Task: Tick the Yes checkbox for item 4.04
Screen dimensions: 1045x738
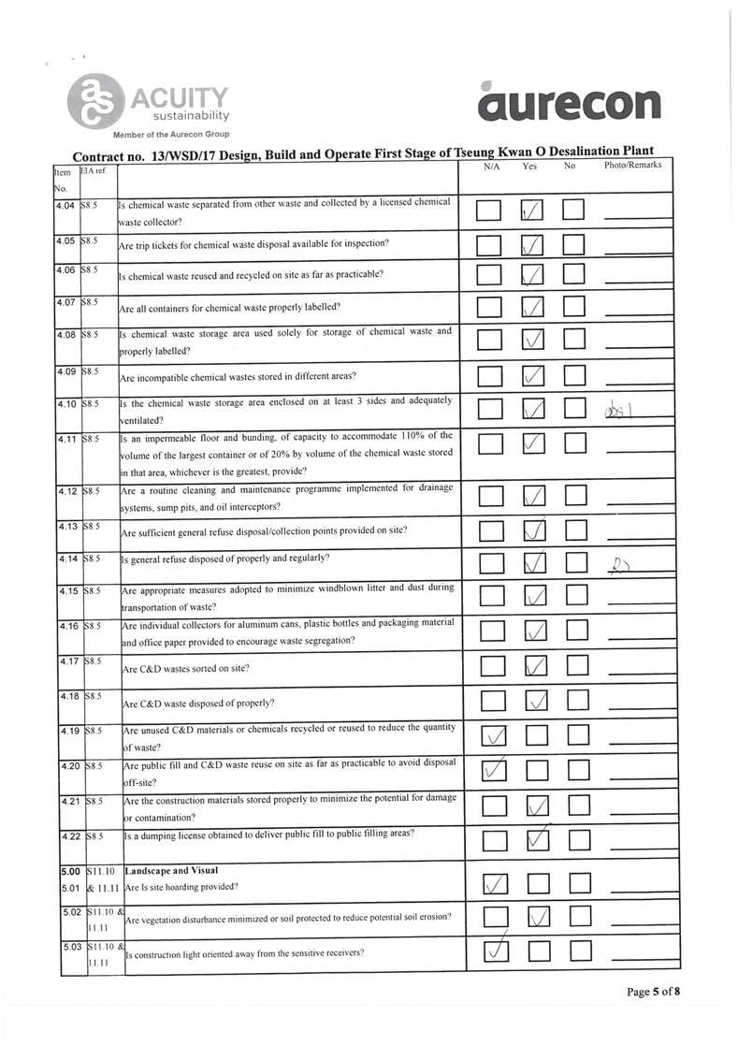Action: pos(533,212)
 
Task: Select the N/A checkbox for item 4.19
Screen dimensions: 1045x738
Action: pos(490,737)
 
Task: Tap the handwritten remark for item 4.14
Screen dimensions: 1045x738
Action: pos(619,564)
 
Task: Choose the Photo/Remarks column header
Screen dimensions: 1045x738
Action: pos(632,166)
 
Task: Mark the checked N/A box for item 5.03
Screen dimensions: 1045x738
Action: pos(491,951)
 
